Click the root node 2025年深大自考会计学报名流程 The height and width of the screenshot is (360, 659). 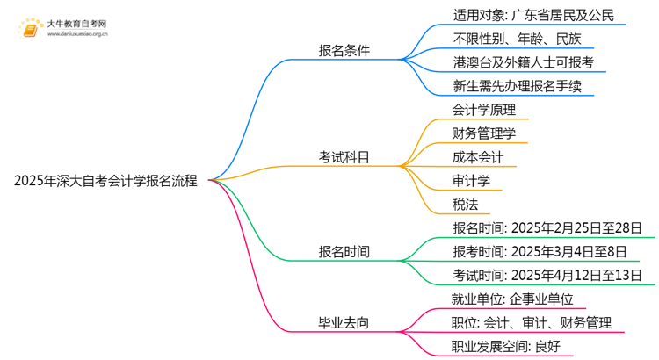tap(105, 182)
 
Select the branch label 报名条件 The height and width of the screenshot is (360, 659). tap(344, 50)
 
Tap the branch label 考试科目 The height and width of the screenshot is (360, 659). tap(344, 157)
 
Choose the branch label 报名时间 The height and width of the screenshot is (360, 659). tap(344, 252)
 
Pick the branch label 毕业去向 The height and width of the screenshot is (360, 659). tap(344, 323)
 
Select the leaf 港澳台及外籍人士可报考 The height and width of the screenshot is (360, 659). tap(524, 62)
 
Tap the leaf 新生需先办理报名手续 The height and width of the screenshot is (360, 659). tap(518, 86)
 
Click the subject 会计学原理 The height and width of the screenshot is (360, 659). tap(483, 110)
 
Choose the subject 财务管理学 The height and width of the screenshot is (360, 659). tap(483, 133)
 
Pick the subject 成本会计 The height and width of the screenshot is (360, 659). tap(477, 157)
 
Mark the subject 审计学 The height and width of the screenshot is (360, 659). tap(471, 181)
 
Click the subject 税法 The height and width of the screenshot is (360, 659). tap(465, 205)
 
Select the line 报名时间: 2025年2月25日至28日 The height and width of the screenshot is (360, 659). tap(547, 228)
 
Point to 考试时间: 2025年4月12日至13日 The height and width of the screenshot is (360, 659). tap(547, 276)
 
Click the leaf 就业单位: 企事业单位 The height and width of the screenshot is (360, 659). tap(511, 299)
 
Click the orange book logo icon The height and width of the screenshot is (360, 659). tap(30, 28)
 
